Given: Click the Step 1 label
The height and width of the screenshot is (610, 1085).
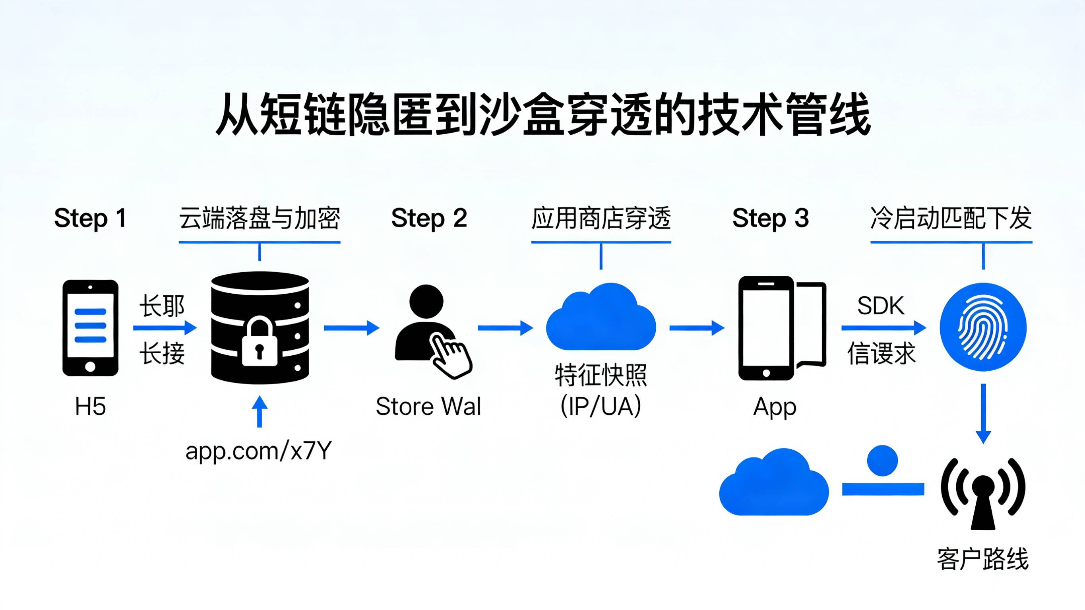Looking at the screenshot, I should [x=90, y=218].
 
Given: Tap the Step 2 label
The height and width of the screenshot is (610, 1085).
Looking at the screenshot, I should [x=429, y=218].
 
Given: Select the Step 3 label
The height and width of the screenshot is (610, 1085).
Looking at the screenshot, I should [x=770, y=218].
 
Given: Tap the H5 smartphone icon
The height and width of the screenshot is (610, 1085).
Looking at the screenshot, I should [x=90, y=328].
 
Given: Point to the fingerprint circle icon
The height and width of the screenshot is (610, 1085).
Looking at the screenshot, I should [x=983, y=327].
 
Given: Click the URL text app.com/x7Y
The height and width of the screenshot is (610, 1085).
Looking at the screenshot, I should [x=259, y=450].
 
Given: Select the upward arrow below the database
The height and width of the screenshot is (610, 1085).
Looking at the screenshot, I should [x=260, y=411].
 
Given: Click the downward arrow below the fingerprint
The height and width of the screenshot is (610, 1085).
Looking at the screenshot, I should [x=983, y=413].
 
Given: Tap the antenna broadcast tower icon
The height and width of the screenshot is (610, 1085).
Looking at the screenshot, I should [x=983, y=493].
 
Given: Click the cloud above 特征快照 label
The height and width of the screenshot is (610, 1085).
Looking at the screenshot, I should [x=601, y=318].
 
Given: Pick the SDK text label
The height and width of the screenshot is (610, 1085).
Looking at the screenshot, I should [x=881, y=306].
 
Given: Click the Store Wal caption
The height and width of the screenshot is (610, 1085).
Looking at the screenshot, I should [x=428, y=407].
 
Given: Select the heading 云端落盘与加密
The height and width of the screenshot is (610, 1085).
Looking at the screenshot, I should [x=260, y=218].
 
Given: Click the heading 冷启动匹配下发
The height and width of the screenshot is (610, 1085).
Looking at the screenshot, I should [x=951, y=218].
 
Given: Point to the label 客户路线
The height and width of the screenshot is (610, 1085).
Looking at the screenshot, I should [x=982, y=559].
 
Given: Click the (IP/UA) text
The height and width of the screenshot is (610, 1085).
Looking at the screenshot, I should [x=601, y=407].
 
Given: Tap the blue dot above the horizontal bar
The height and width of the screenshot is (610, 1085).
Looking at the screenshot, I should [x=882, y=461].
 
